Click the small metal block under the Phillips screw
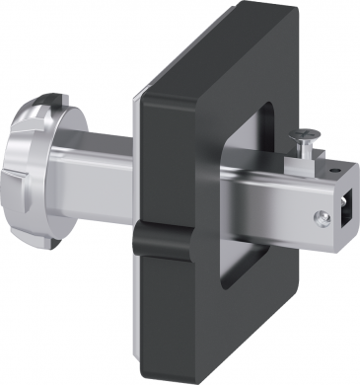299,159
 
